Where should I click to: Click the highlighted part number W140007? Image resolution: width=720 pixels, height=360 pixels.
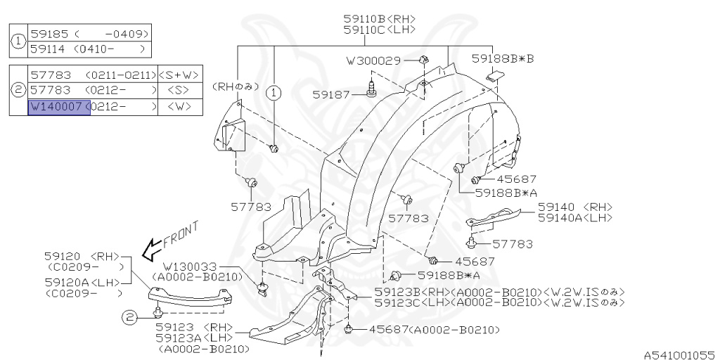coord(59,108)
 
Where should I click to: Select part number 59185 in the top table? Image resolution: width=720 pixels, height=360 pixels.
coord(45,34)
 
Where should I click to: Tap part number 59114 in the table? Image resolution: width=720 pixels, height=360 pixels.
coord(45,49)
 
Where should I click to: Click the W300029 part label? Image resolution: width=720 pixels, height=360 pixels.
coord(373,61)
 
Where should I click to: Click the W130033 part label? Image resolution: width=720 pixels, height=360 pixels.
coord(191,267)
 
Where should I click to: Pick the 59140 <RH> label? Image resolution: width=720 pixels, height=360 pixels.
coord(575,207)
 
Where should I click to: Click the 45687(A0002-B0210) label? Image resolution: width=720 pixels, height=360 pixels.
coord(428,329)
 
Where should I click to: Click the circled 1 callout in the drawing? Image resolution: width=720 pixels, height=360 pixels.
coord(274,91)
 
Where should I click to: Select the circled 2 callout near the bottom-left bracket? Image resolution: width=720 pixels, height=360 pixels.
coord(131,318)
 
